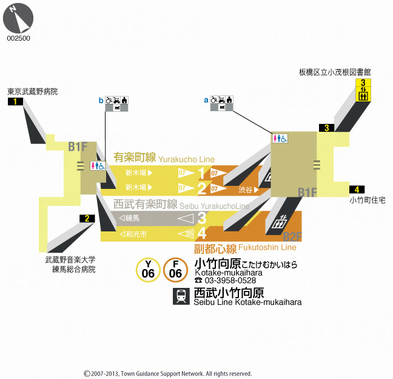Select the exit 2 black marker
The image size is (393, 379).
pos(87,219)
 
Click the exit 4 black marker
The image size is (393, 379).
pos(357,189)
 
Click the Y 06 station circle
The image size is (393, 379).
pos(148,270)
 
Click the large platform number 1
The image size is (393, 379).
pos(202,174)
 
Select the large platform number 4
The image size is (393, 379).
pos(202,233)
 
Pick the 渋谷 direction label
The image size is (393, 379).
pos(245,189)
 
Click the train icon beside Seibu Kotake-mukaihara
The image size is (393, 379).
pos(181,296)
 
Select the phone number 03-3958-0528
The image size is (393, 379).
pos(230,281)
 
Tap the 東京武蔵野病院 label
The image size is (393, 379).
pos(33,92)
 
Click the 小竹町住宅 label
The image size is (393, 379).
pos(367,200)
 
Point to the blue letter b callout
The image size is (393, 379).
pos(101,100)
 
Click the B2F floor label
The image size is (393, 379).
pos(292,236)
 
